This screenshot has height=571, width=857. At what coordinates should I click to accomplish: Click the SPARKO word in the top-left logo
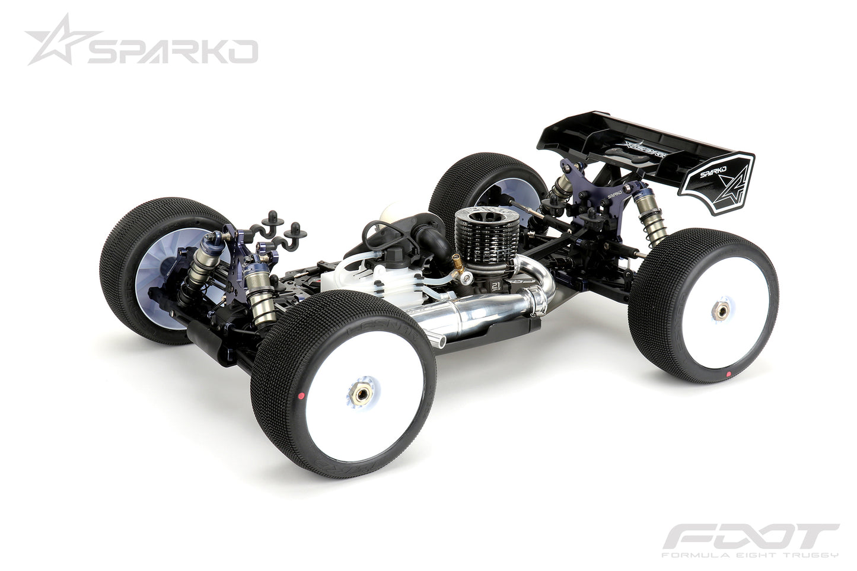[172, 52]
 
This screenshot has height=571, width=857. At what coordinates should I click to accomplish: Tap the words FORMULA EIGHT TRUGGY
[750, 555]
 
